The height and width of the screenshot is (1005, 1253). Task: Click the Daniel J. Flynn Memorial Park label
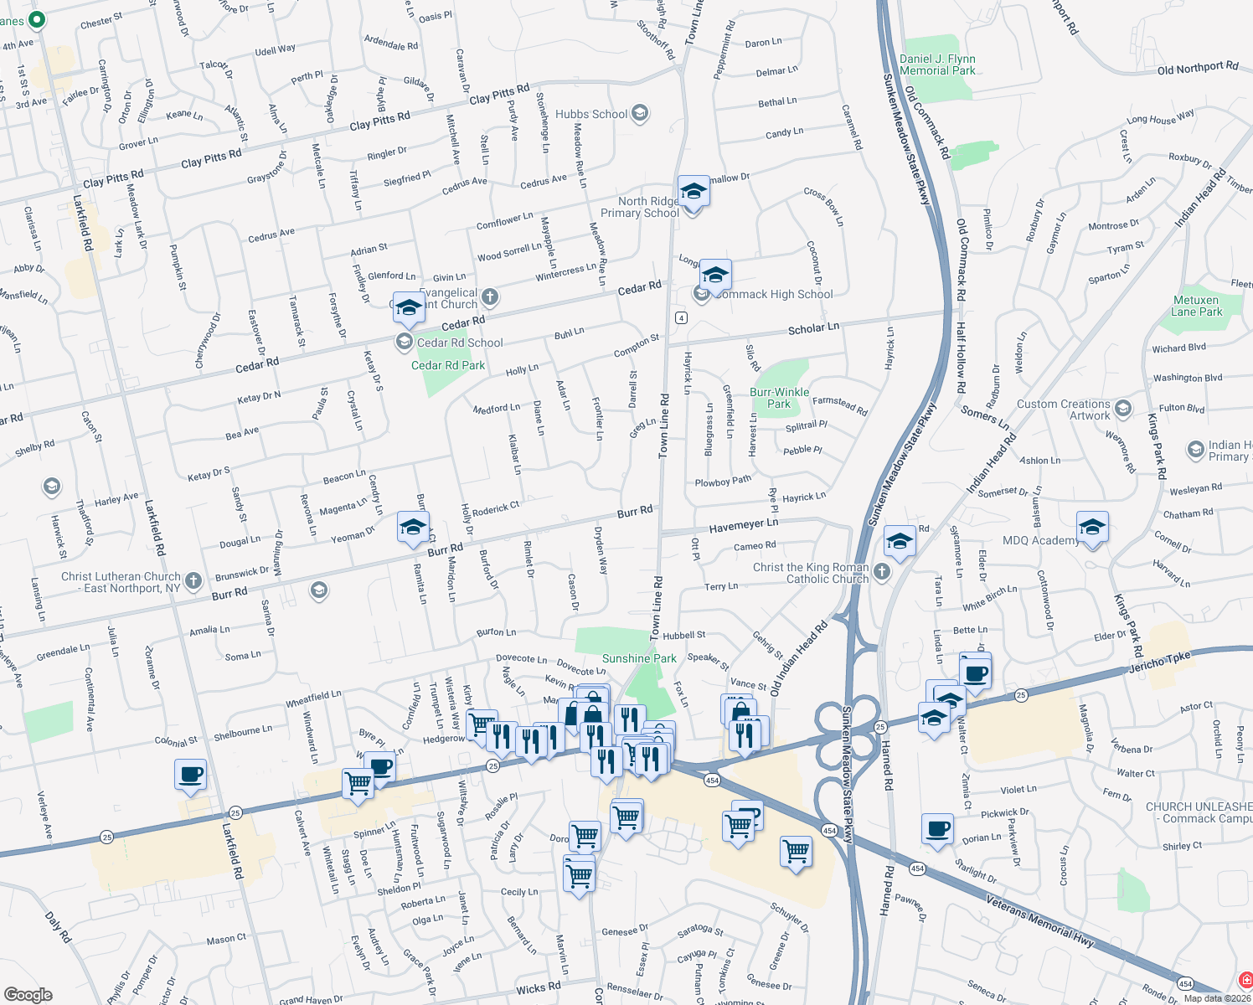[937, 64]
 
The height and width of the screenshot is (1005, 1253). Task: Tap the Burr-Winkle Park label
[779, 398]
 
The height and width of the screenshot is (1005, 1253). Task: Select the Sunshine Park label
[639, 658]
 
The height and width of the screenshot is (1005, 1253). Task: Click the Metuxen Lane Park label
[1196, 306]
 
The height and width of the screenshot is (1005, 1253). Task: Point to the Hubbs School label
[591, 114]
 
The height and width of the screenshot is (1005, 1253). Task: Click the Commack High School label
[776, 294]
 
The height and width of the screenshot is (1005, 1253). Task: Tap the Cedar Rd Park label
[448, 365]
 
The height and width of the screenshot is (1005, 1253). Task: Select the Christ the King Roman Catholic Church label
[811, 573]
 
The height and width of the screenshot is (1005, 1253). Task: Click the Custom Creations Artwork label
[1064, 410]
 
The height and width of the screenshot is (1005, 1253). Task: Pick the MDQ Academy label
[1041, 540]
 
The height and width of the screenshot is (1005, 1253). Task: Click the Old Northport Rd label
[1197, 68]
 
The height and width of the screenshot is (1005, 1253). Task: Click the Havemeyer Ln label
[744, 525]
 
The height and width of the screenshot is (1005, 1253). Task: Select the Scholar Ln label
[813, 329]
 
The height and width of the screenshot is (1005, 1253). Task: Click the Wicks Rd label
[538, 989]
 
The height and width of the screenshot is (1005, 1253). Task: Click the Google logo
[28, 994]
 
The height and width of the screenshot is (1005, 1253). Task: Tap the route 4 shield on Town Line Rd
[682, 317]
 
